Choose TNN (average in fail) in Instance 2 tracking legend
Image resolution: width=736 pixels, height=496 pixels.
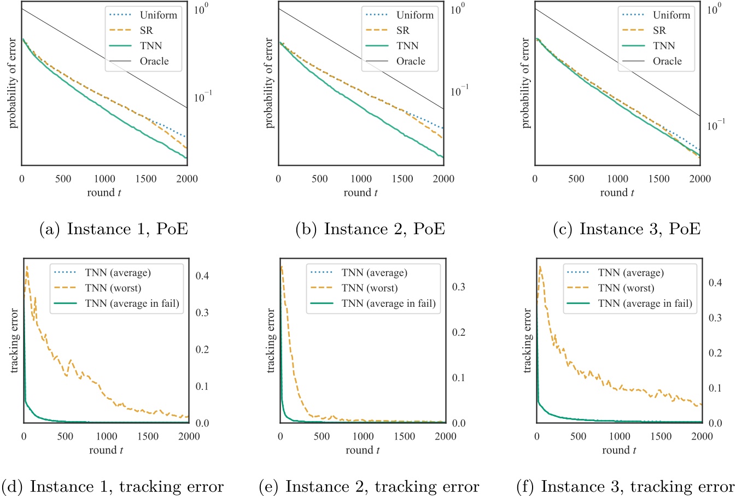388,304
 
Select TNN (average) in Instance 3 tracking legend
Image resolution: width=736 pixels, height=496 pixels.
630,273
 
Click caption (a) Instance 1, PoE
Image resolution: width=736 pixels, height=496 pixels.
114,229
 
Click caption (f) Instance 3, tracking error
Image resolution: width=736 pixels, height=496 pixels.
626,486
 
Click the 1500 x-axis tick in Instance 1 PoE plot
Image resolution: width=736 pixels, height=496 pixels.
146,179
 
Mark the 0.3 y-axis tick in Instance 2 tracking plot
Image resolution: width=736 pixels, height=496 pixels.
459,287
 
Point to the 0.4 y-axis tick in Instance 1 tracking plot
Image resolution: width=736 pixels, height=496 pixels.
202,276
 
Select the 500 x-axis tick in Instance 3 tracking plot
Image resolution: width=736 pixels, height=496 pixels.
578,436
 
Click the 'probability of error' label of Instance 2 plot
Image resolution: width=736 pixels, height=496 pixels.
269,83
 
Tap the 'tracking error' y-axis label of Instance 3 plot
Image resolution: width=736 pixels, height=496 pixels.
527,341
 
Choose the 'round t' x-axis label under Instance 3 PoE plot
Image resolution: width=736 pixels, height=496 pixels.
617,192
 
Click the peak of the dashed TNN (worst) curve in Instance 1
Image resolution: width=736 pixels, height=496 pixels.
27,267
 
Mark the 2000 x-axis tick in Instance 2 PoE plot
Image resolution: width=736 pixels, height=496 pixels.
443,179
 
